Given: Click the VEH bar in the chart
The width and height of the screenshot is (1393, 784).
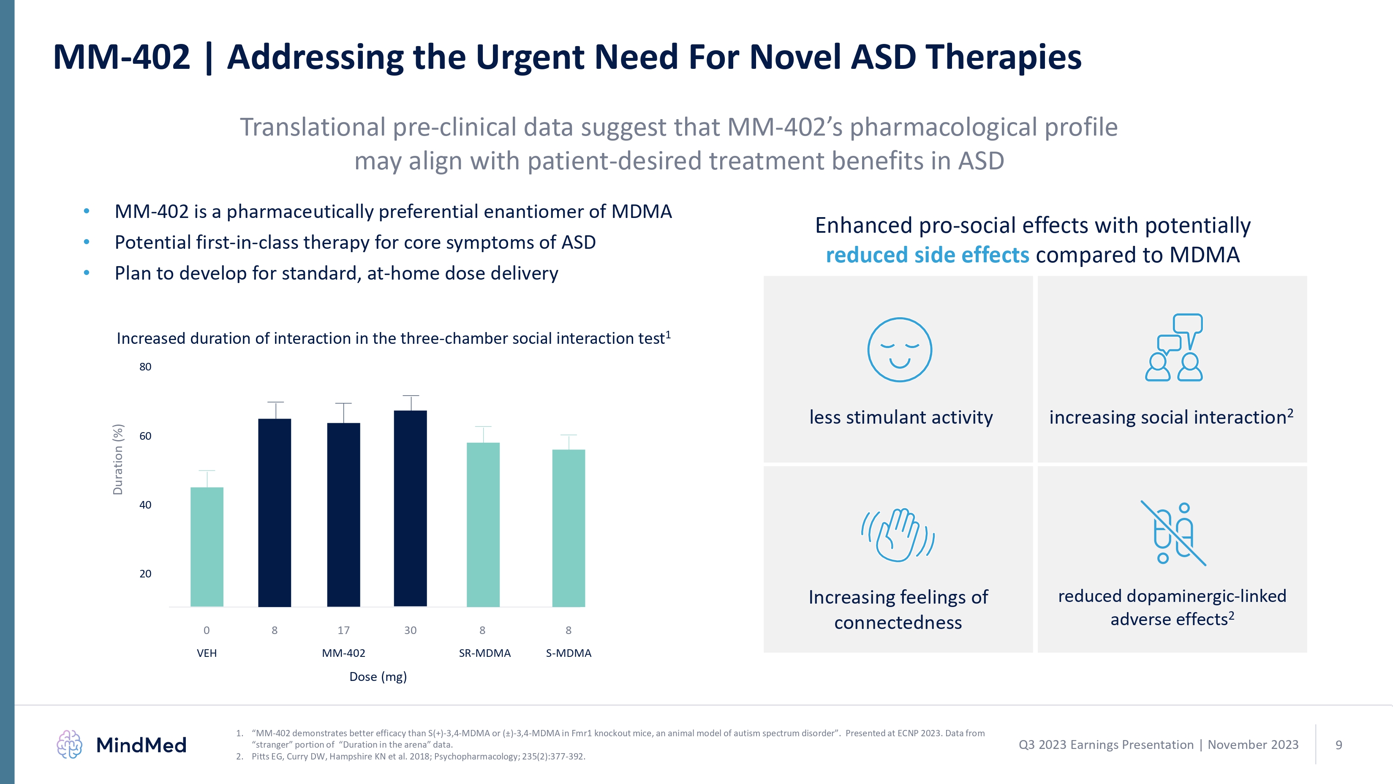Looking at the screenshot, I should click(x=207, y=547).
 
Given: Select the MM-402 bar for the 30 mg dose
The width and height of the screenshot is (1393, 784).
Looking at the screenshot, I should click(x=411, y=508).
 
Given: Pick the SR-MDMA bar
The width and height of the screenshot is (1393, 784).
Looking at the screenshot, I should click(x=483, y=525).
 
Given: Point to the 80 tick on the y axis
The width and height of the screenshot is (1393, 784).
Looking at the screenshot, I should click(x=145, y=367).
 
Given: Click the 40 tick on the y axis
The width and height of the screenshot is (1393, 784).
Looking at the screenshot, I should click(x=145, y=505).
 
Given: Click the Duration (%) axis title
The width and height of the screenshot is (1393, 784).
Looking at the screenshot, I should click(x=118, y=459).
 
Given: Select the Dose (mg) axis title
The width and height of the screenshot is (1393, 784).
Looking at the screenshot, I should click(x=378, y=677).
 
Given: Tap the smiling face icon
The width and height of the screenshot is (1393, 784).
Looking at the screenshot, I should click(x=899, y=350).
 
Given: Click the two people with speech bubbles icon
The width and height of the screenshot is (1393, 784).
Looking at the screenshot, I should click(x=1174, y=348).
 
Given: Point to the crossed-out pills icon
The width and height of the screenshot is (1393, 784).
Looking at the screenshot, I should click(x=1173, y=533).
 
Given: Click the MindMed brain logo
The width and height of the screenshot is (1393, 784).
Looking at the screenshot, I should click(x=69, y=745).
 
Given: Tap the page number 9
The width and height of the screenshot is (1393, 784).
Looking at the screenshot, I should click(x=1339, y=745).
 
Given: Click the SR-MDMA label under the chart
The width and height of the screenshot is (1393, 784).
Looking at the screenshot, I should click(x=484, y=653).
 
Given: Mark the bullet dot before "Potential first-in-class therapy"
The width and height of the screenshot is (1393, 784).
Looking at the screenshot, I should click(x=87, y=242).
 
